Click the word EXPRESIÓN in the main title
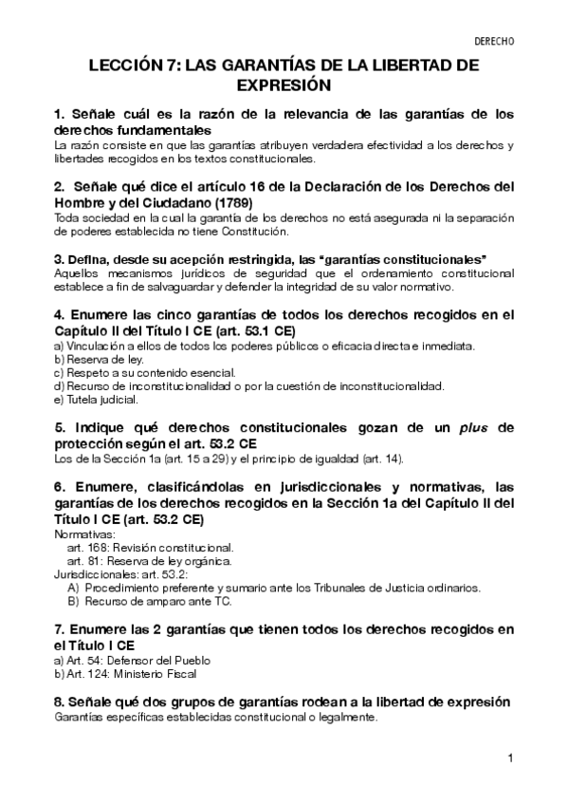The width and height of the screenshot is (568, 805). [x=284, y=85]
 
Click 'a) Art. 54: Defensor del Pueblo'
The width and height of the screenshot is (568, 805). [x=132, y=660]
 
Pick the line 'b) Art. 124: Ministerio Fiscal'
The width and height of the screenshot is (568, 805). [x=125, y=673]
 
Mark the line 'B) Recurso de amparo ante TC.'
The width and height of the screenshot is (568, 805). [x=149, y=601]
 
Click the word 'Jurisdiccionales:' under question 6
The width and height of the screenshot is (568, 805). [x=93, y=574]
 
